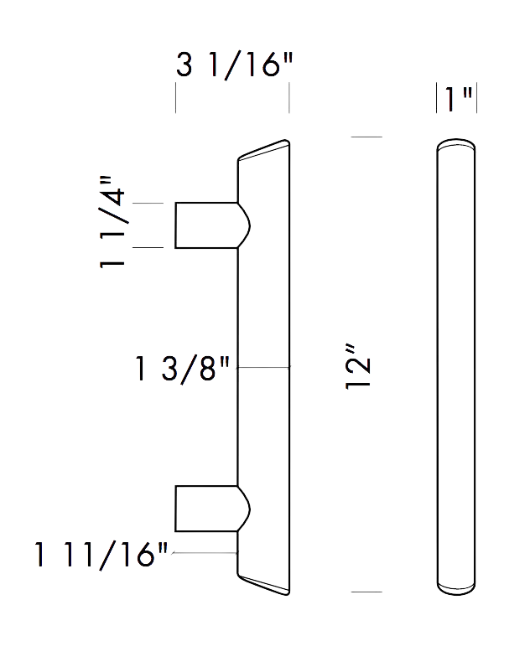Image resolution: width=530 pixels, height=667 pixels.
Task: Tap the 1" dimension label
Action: (456, 99)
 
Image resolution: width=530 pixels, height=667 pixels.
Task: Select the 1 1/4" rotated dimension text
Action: (113, 222)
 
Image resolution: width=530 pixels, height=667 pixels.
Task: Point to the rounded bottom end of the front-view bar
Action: (456, 589)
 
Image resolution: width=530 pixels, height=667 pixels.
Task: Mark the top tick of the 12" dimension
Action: (366, 136)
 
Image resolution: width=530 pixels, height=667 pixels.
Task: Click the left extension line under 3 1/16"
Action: (175, 97)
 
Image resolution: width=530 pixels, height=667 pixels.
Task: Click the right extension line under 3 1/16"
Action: (289, 97)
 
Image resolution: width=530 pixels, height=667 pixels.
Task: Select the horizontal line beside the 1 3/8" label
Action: (263, 369)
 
